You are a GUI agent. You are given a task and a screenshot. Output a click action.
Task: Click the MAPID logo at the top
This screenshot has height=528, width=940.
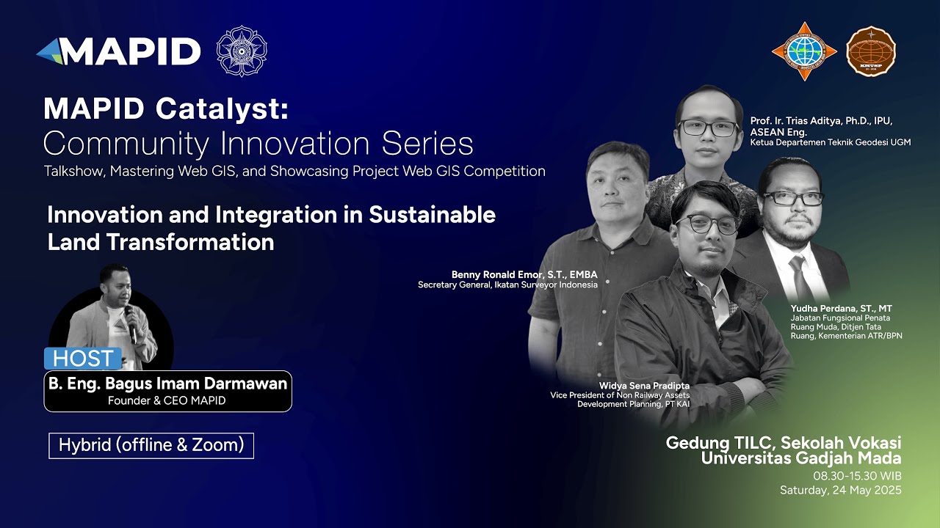tap(118, 51)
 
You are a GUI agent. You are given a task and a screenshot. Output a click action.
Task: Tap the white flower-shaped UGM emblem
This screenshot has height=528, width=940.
tap(242, 51)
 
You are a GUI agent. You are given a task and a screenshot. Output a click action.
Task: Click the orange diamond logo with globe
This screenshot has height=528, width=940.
tap(804, 51)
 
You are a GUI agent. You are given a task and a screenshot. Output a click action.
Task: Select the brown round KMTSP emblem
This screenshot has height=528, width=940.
tap(871, 51)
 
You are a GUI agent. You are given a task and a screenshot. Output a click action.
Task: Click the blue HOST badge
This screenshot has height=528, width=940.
tap(83, 359)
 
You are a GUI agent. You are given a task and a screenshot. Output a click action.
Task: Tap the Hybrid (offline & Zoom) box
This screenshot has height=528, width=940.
tap(151, 445)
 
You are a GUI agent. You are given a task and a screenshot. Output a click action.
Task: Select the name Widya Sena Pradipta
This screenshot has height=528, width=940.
tap(645, 386)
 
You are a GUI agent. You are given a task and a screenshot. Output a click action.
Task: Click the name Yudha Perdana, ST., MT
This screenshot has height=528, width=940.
tap(842, 309)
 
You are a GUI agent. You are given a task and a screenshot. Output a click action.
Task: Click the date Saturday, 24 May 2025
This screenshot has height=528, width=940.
tap(840, 490)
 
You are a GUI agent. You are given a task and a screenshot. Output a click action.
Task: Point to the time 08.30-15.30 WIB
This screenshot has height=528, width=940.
tap(857, 476)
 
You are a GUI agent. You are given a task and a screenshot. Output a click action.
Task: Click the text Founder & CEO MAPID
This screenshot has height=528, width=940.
tap(167, 400)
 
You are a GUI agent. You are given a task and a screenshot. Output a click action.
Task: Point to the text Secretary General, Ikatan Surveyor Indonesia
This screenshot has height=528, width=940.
tap(507, 285)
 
